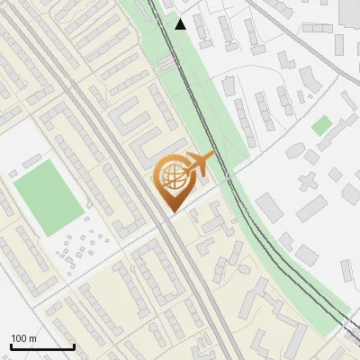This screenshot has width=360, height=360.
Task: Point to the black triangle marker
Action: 181,24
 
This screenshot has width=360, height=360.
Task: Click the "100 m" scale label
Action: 23,338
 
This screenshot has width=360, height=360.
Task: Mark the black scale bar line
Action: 42,346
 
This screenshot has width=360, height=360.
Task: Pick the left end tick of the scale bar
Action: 12,346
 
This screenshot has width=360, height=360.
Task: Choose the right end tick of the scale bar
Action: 74,346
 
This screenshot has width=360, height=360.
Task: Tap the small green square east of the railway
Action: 321,125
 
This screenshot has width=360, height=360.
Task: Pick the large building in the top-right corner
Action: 350,11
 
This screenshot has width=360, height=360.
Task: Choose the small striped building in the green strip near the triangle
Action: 167,63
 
